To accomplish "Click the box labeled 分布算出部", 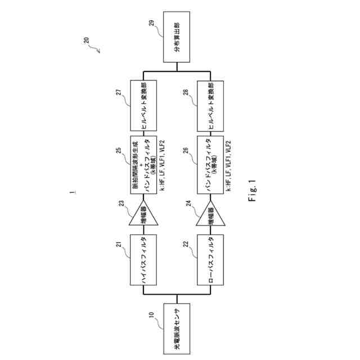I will click(177, 42).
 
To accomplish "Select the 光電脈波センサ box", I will click(177, 329).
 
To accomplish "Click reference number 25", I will click(119, 151).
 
